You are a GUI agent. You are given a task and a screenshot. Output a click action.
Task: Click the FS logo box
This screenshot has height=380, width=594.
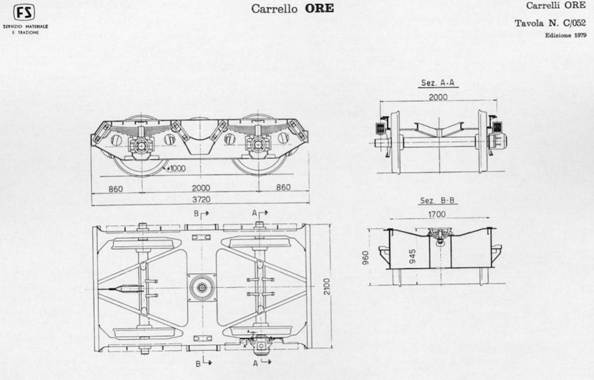(x=24, y=13)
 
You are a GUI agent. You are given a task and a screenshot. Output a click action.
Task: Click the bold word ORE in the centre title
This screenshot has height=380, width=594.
(x=319, y=8)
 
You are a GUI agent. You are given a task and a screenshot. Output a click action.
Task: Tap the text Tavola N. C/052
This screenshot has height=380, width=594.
(x=550, y=23)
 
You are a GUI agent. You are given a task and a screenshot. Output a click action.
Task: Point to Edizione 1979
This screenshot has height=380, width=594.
(x=565, y=35)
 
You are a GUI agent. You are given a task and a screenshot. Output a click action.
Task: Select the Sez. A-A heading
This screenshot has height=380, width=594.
(x=438, y=83)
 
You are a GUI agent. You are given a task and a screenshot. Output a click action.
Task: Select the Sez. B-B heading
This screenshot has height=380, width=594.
(x=437, y=200)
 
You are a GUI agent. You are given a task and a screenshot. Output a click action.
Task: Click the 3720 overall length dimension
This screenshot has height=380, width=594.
(x=201, y=200)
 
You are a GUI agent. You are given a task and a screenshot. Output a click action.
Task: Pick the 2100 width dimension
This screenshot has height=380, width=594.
(x=327, y=286)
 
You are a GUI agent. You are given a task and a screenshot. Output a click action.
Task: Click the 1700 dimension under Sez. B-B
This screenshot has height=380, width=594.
(x=437, y=214)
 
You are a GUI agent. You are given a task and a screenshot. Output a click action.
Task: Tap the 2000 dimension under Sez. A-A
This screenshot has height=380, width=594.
(x=438, y=97)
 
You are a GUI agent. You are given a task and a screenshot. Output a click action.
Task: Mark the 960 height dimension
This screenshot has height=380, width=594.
(x=365, y=258)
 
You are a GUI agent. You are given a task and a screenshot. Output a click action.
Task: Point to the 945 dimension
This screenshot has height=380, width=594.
(x=412, y=256)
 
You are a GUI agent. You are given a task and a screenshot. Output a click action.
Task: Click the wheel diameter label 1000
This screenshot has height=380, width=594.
(x=177, y=168)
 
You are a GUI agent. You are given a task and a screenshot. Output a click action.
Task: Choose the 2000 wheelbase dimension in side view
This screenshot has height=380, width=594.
(x=201, y=188)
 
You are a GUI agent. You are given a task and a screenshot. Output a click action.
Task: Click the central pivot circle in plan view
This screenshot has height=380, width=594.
(x=202, y=288)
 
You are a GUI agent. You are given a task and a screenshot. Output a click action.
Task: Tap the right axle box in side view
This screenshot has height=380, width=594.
(x=259, y=145)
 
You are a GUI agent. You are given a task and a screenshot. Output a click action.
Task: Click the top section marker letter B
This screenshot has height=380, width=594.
(x=196, y=214)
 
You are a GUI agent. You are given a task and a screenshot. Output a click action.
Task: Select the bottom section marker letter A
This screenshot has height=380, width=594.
(x=256, y=363)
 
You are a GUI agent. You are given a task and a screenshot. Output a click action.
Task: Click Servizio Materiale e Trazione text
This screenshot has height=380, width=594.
(x=25, y=29)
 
